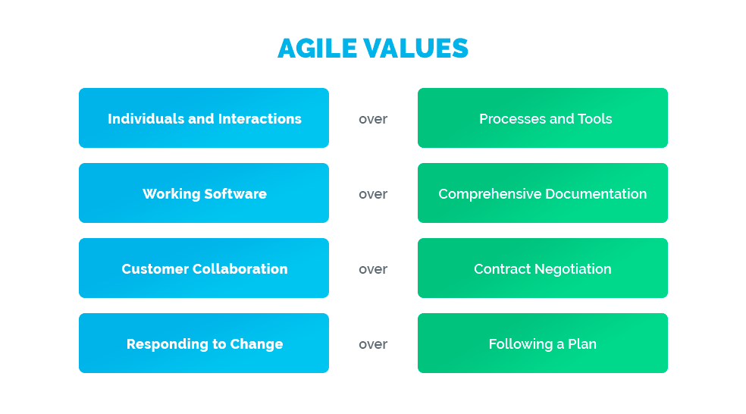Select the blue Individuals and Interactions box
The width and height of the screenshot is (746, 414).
click(203, 118)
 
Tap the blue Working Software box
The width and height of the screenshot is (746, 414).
click(203, 193)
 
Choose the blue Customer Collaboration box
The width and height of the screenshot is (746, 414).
click(203, 268)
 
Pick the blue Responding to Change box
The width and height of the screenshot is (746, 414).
click(203, 343)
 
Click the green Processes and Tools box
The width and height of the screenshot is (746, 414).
click(542, 118)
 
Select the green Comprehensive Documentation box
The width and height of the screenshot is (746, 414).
click(542, 193)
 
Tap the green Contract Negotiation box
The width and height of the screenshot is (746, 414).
click(542, 268)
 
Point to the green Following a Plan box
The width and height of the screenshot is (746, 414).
click(542, 343)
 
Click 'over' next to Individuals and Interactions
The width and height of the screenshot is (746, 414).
click(373, 119)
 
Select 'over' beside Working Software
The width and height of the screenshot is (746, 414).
click(373, 194)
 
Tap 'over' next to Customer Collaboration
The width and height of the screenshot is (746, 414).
click(373, 269)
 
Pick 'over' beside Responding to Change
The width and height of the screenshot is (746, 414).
click(373, 344)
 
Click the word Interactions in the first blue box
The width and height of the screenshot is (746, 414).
click(260, 119)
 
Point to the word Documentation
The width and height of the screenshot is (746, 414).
click(595, 194)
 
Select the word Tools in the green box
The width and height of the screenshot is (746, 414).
click(595, 119)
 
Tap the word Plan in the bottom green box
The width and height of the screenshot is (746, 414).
click(582, 344)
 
